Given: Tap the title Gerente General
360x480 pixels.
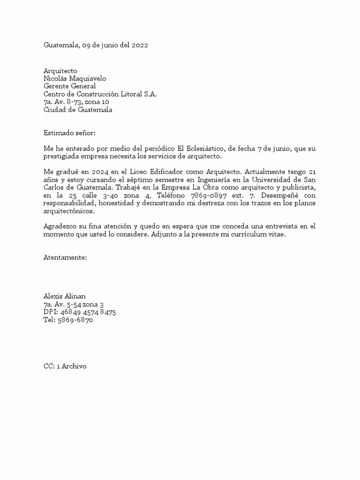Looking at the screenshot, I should [69, 86].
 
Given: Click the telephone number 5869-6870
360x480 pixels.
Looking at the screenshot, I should [75, 320].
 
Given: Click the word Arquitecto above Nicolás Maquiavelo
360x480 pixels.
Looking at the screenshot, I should [60, 70].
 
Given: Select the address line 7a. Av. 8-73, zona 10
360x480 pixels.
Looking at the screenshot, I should [76, 102].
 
